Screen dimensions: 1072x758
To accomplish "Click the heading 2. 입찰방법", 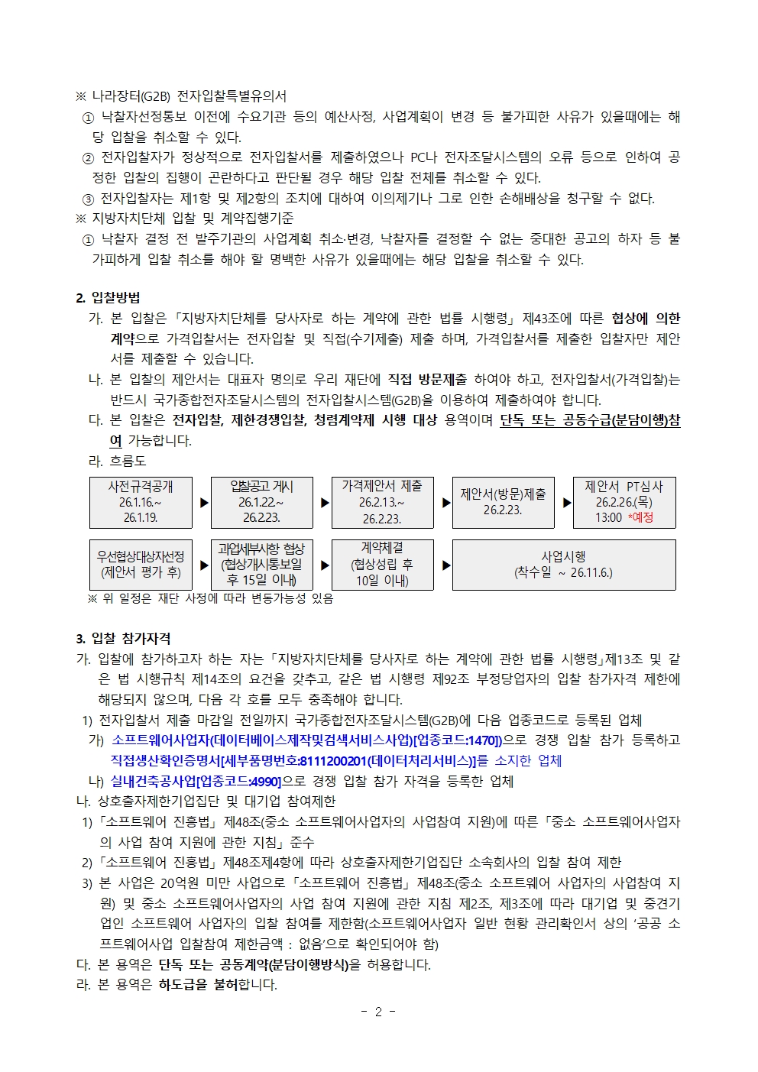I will tap(108, 298).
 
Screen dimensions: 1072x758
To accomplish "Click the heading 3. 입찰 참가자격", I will tap(123, 639).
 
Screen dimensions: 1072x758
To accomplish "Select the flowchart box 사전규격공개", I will tap(141, 502).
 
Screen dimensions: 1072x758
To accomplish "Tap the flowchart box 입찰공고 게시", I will tap(261, 502).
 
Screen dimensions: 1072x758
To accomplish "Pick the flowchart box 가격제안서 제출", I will tap(382, 502).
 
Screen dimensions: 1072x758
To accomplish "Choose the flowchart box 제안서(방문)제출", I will tap(503, 502).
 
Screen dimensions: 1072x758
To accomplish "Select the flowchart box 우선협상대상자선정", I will tap(141, 565).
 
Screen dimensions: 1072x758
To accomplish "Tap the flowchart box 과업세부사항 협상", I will tap(261, 565).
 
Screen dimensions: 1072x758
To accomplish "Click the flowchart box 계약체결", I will tap(382, 565).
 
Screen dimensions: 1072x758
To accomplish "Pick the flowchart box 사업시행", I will tap(564, 565).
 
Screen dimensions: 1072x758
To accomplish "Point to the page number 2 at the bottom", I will tap(378, 1012).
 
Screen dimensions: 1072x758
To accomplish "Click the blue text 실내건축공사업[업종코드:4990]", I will tap(196, 781).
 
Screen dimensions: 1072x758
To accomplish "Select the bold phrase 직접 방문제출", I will tap(427, 379).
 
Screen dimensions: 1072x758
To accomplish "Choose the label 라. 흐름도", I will tap(118, 461).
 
